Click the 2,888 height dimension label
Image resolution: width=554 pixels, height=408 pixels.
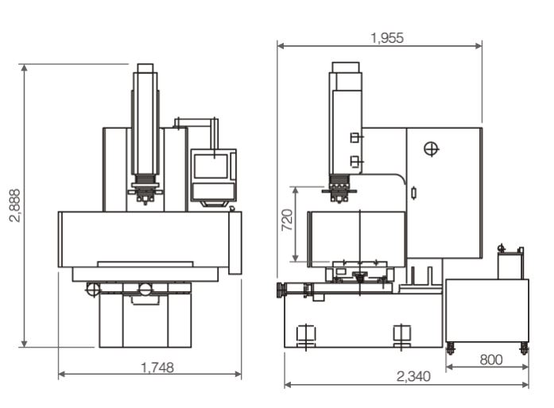[15, 205]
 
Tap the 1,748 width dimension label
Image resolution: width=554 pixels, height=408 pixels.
[157, 367]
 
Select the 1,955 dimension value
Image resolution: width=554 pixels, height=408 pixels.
[387, 38]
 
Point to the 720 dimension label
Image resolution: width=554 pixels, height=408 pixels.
[287, 220]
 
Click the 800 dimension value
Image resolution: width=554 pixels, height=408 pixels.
[491, 360]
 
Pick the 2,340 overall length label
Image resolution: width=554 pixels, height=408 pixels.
[413, 376]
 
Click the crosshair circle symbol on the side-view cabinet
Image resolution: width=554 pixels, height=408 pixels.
[431, 149]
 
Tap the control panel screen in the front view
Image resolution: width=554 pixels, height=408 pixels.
[211, 166]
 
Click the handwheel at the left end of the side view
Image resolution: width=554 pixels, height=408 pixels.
[281, 290]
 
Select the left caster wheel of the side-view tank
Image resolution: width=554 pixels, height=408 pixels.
[450, 348]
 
